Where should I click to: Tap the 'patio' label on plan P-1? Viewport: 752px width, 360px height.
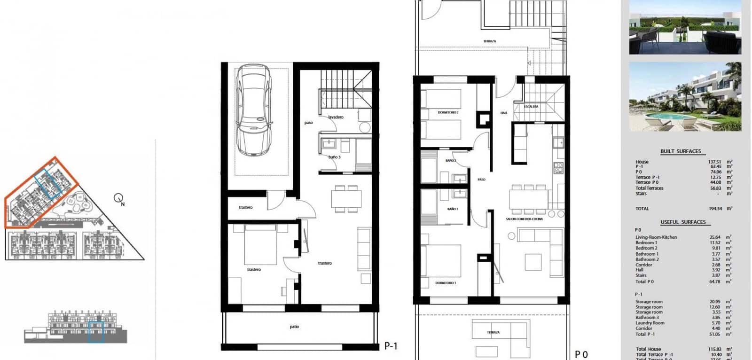294,327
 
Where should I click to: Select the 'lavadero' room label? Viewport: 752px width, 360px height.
336,117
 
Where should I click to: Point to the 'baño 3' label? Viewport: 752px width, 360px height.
334,157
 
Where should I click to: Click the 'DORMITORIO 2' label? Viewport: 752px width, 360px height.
448,113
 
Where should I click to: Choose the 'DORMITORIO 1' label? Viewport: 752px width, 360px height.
445,283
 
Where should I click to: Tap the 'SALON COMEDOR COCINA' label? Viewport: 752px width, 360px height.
524,219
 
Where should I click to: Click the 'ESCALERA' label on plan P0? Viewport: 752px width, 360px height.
531,107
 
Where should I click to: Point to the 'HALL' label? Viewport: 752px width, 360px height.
504,113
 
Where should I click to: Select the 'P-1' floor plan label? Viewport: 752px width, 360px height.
391,346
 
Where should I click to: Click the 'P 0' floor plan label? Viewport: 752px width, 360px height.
581,355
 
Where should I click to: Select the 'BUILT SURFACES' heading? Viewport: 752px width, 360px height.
681,151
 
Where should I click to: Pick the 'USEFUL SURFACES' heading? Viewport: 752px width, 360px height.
683,222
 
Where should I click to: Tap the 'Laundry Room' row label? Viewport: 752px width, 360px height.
650,323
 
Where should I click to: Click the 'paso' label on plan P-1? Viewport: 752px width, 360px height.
308,123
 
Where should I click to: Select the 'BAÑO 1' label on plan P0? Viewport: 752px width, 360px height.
453,209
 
